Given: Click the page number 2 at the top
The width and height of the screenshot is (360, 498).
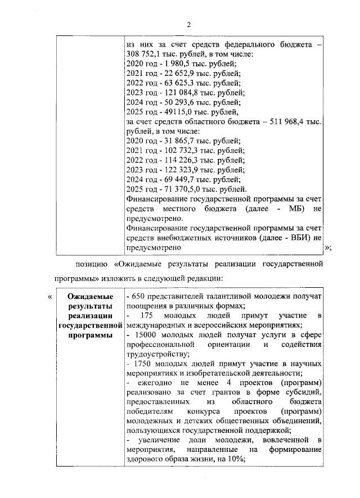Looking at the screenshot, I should click(x=189, y=24).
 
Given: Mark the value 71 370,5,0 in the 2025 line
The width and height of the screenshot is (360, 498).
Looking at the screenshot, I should click(x=179, y=189).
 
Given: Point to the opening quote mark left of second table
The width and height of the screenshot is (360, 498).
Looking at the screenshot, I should click(x=51, y=297).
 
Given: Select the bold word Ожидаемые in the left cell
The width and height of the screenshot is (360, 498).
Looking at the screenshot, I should click(x=90, y=296).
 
